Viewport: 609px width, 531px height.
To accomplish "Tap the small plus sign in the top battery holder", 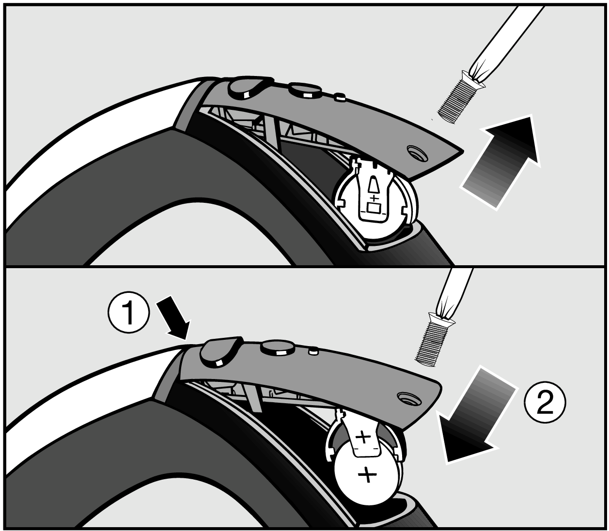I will pos(374,198).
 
